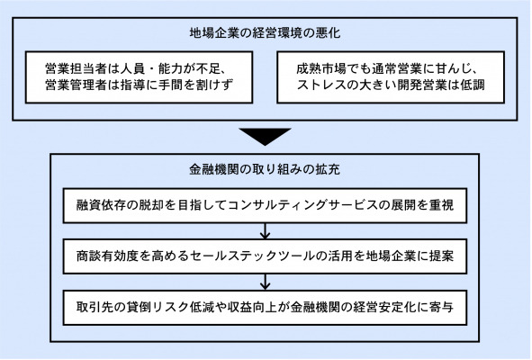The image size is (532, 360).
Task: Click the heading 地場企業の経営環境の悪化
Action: (265, 33)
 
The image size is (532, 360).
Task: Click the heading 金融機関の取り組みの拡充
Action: (265, 169)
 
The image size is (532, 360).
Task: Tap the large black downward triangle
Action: (265, 137)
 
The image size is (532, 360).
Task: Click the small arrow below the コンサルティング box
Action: (265, 231)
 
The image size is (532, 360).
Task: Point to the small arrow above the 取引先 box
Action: (265, 282)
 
